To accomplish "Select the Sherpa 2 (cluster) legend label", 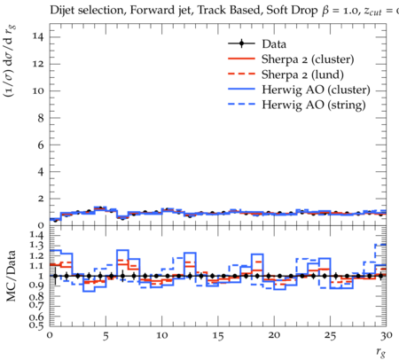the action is point(308,59).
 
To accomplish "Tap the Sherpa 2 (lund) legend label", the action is point(302,74).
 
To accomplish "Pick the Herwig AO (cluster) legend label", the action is point(316,90).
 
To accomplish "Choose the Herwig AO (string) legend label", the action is point(314,105).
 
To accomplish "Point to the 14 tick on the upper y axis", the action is point(38,37).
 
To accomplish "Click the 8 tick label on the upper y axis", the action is point(41,118).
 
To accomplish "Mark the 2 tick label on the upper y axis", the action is point(41,199).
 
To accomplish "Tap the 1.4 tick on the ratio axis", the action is point(37,236).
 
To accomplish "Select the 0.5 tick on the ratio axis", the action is point(37,325).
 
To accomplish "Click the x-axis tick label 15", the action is point(218,336).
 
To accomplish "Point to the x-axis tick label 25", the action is point(330,336).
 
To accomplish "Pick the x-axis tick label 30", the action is point(387,336).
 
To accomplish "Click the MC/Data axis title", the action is point(12,276).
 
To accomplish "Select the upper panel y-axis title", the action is point(10,61).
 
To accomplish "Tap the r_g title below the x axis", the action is point(381,352).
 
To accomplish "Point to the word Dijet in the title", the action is point(62,10).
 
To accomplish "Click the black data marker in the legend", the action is point(241,43).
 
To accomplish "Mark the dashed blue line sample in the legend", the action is point(241,105).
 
